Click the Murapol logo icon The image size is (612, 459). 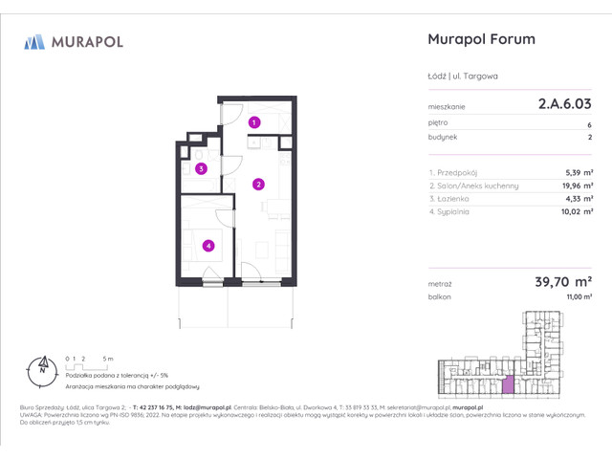(x=34, y=41)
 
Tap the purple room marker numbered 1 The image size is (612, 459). (x=254, y=122)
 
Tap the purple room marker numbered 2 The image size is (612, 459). (x=258, y=184)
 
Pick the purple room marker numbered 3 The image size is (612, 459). (x=201, y=169)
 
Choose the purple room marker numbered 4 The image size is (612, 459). (x=208, y=246)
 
